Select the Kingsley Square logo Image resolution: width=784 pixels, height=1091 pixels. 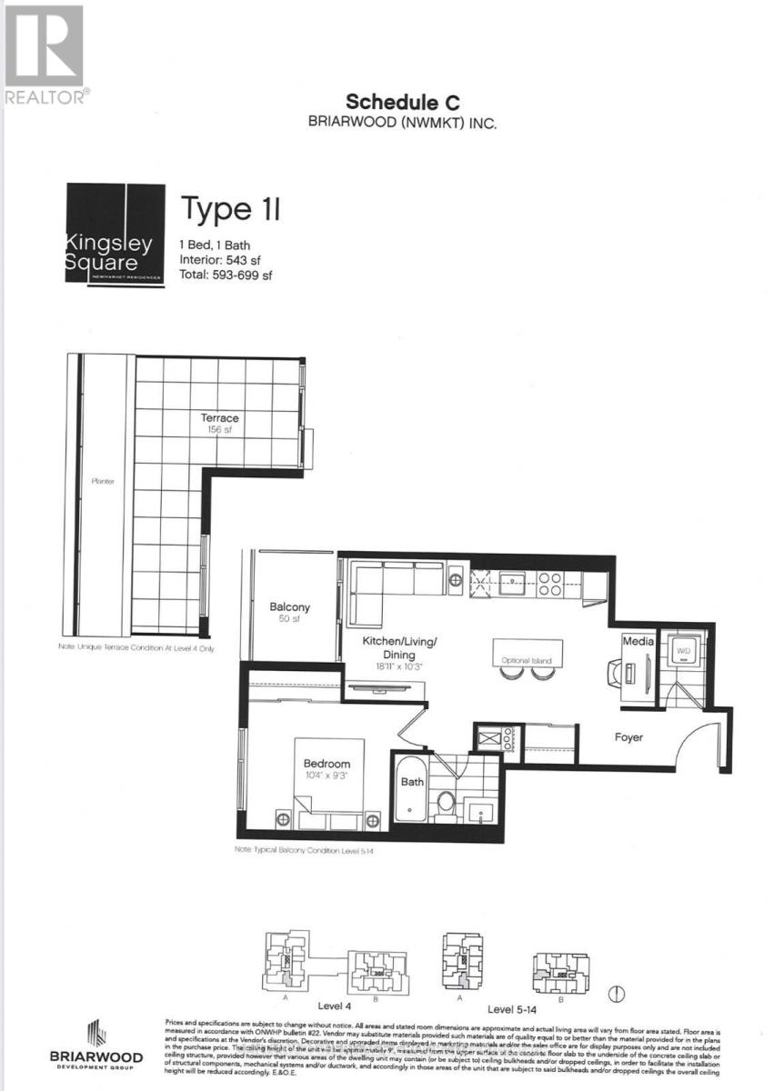click(x=115, y=235)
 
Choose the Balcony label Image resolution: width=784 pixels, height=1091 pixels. click(x=289, y=607)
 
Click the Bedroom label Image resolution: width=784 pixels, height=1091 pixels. click(x=327, y=765)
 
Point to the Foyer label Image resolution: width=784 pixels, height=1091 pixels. click(x=628, y=737)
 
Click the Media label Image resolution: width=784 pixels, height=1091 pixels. click(x=633, y=642)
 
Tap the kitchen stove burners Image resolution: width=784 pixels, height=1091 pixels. click(x=549, y=583)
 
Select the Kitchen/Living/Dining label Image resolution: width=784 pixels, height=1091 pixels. click(x=400, y=648)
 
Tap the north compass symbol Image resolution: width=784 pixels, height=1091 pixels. click(x=615, y=992)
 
